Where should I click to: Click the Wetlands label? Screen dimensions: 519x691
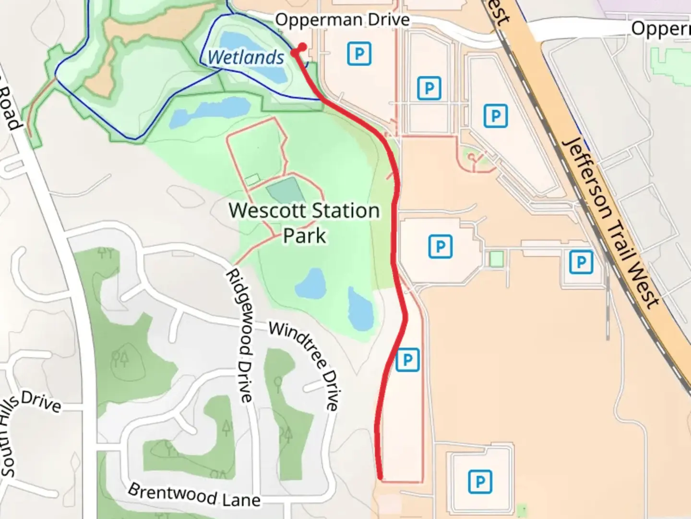pyautogui.click(x=246, y=58)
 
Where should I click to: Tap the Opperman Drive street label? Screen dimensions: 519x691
pyautogui.click(x=342, y=20)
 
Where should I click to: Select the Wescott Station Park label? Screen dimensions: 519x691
pyautogui.click(x=304, y=223)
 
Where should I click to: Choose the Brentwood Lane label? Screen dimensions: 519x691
pyautogui.click(x=194, y=495)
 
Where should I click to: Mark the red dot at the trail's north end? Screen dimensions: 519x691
pyautogui.click(x=302, y=47)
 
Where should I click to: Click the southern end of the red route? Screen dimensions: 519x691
pyautogui.click(x=381, y=477)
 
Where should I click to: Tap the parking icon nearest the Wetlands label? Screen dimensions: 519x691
pyautogui.click(x=359, y=53)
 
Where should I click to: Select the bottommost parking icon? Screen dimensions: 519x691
pyautogui.click(x=480, y=482)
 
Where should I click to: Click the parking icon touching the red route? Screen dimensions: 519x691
pyautogui.click(x=407, y=359)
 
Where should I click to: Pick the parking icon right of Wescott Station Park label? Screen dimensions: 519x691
pyautogui.click(x=440, y=247)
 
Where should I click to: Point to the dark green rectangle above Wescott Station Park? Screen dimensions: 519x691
pyautogui.click(x=283, y=190)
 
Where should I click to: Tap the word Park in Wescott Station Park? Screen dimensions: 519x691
pyautogui.click(x=304, y=236)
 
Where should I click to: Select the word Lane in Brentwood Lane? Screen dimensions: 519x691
pyautogui.click(x=241, y=500)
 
